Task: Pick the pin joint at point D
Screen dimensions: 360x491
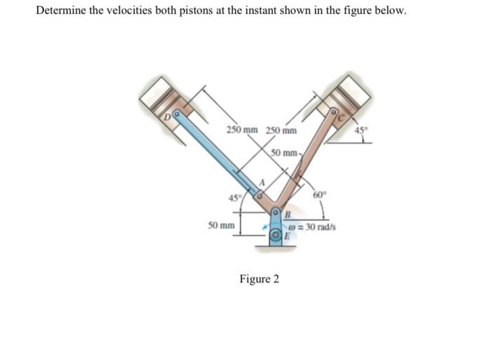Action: tap(177, 112)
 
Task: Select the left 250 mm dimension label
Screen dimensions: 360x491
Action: tap(242, 130)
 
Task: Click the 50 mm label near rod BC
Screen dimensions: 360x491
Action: tap(286, 152)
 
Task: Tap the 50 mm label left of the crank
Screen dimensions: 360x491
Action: tap(221, 225)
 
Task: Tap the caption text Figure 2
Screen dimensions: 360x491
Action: tap(259, 279)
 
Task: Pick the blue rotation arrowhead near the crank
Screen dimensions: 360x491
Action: tap(265, 226)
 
